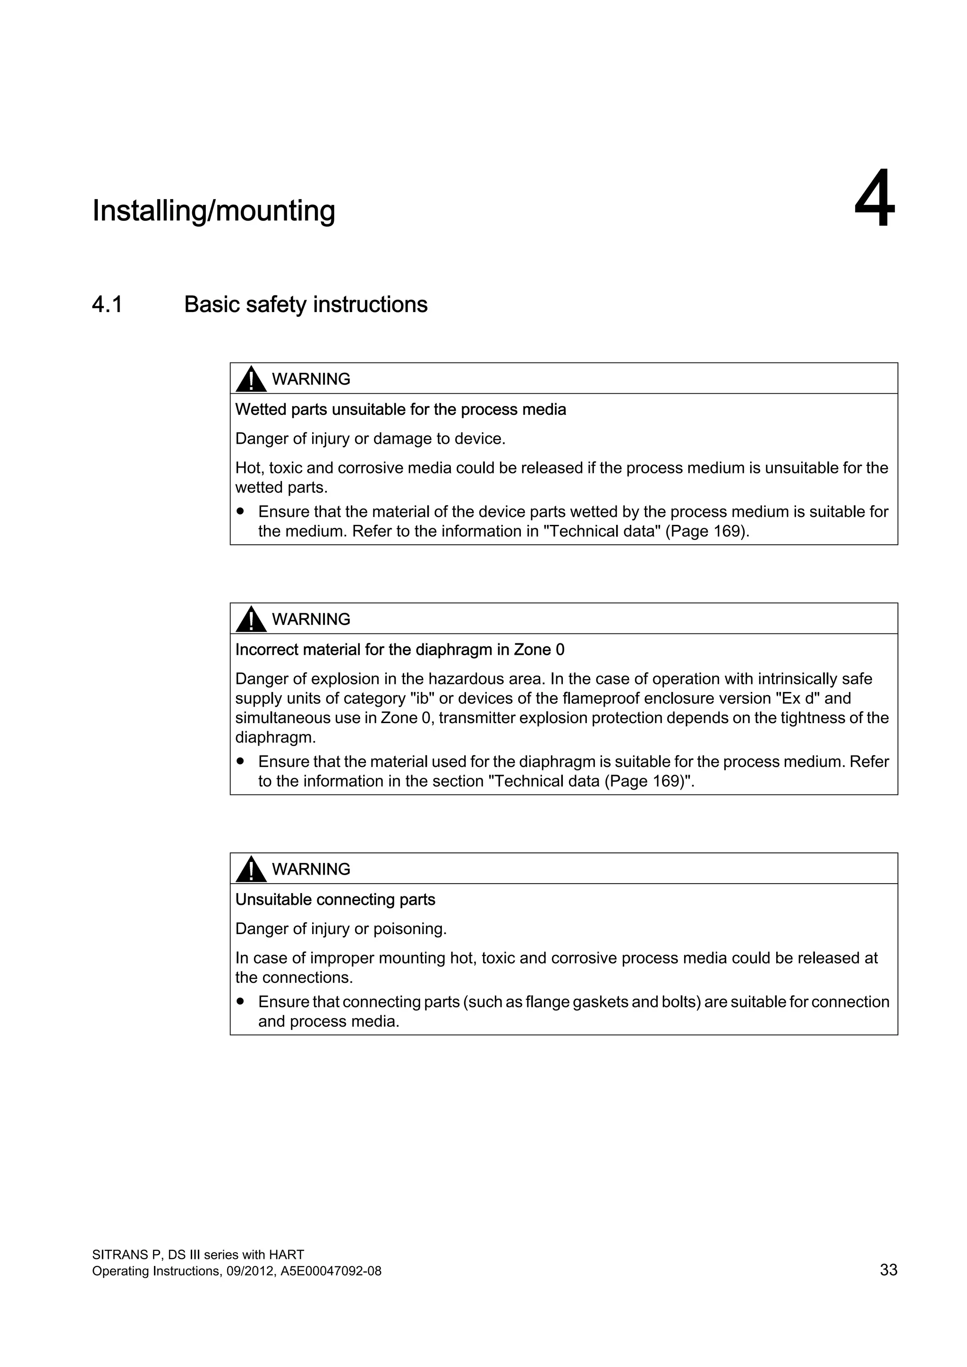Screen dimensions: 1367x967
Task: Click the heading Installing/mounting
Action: (x=214, y=211)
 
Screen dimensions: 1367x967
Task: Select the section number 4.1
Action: (x=107, y=304)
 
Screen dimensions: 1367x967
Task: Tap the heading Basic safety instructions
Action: (x=305, y=304)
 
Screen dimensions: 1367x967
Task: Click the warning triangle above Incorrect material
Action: (x=251, y=620)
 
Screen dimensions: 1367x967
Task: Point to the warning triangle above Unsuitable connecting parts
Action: (x=251, y=870)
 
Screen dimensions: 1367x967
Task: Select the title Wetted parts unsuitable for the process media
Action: (x=400, y=410)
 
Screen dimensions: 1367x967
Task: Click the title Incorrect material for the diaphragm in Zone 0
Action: (x=399, y=650)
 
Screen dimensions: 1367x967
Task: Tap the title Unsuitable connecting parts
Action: (x=335, y=900)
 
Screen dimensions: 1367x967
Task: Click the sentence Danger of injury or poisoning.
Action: (x=340, y=929)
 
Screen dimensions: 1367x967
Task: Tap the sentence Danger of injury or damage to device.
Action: (x=370, y=439)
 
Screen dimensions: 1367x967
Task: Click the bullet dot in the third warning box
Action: (x=240, y=1002)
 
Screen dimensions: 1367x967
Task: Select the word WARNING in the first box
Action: (x=311, y=379)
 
